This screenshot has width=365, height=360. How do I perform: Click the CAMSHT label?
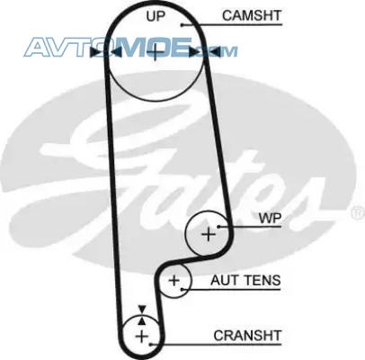[x=252, y=15]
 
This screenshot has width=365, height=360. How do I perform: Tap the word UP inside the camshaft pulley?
[x=156, y=16]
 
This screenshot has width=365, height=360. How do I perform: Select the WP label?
[x=270, y=219]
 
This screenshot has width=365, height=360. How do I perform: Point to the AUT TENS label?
[x=245, y=280]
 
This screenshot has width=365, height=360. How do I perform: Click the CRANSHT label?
[x=247, y=336]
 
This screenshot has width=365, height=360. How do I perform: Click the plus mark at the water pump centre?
[x=209, y=234]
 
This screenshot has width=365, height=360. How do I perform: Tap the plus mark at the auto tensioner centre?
[x=174, y=281]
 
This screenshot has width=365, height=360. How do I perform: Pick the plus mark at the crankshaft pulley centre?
[x=142, y=337]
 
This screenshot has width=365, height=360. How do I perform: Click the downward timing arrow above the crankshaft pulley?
[x=142, y=310]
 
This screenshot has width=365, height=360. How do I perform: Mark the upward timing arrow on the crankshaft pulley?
[x=142, y=320]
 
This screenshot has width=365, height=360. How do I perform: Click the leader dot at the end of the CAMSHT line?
[x=182, y=24]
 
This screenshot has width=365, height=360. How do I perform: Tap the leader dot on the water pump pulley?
[x=218, y=227]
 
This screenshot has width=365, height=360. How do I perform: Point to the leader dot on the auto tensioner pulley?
[x=182, y=290]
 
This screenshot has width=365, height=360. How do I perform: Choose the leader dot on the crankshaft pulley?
[x=151, y=345]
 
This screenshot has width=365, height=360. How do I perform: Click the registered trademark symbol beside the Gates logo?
[x=358, y=213]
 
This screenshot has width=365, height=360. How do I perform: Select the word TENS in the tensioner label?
[x=261, y=280]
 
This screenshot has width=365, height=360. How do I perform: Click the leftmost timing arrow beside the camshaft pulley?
[x=95, y=52]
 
